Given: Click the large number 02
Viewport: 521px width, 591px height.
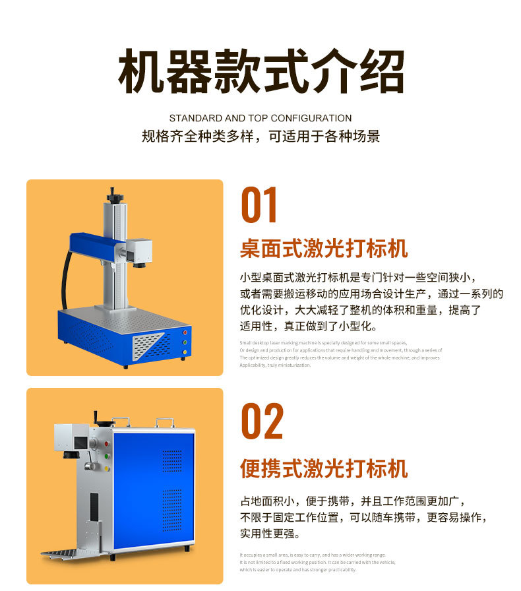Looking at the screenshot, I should tap(262, 421).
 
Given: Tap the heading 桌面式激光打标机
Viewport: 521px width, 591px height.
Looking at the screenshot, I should tap(324, 249).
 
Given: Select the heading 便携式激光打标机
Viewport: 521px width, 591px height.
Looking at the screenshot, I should tap(324, 469).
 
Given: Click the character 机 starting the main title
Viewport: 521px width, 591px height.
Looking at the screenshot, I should tap(141, 72).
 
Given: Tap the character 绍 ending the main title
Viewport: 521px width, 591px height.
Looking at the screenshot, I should tap(381, 72).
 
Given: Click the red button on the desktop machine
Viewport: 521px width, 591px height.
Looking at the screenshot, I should tap(186, 332).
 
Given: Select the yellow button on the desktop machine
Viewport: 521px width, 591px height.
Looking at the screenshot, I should tap(185, 352).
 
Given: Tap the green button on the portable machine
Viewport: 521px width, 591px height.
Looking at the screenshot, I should tap(106, 456).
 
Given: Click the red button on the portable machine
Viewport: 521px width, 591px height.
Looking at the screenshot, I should tap(106, 445).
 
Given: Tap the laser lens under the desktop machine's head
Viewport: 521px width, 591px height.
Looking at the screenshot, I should tap(140, 264).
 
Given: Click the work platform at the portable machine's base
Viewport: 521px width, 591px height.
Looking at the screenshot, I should tap(69, 549).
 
